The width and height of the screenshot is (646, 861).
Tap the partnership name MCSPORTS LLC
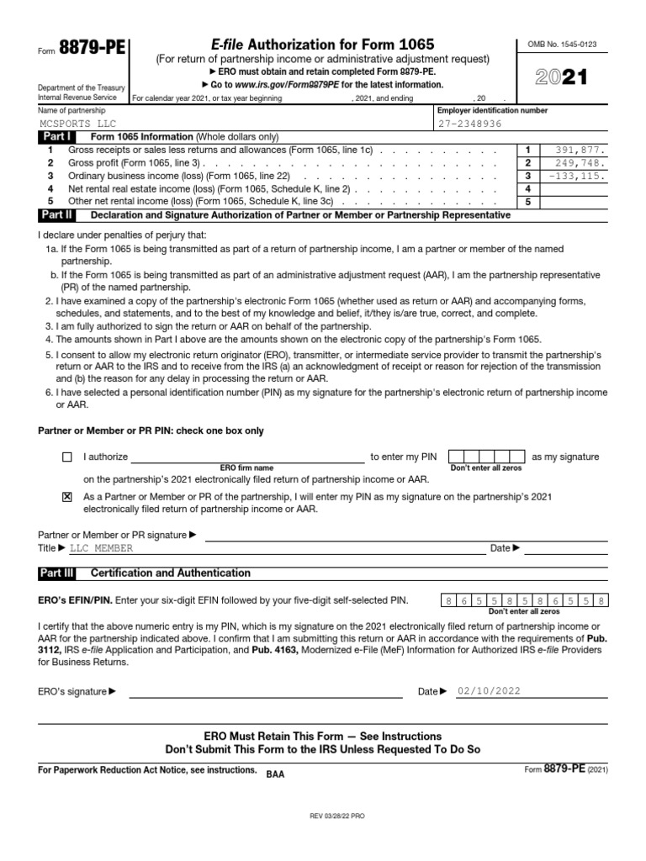[75, 123]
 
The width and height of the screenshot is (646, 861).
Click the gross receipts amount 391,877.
[580, 150]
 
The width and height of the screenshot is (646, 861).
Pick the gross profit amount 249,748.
[580, 163]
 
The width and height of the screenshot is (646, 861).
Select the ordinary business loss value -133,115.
[576, 176]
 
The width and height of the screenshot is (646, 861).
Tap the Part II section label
[56, 215]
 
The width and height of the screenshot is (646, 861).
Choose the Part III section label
[56, 573]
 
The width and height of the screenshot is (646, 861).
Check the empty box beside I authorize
[67, 457]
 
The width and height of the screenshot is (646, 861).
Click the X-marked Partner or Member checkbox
[67, 497]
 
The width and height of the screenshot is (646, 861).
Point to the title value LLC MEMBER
[101, 548]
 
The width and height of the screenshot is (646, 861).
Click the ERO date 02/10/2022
[489, 691]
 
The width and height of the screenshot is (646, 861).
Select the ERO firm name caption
[246, 467]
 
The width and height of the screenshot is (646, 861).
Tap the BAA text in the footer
[276, 774]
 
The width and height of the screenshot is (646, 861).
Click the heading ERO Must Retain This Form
[323, 736]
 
